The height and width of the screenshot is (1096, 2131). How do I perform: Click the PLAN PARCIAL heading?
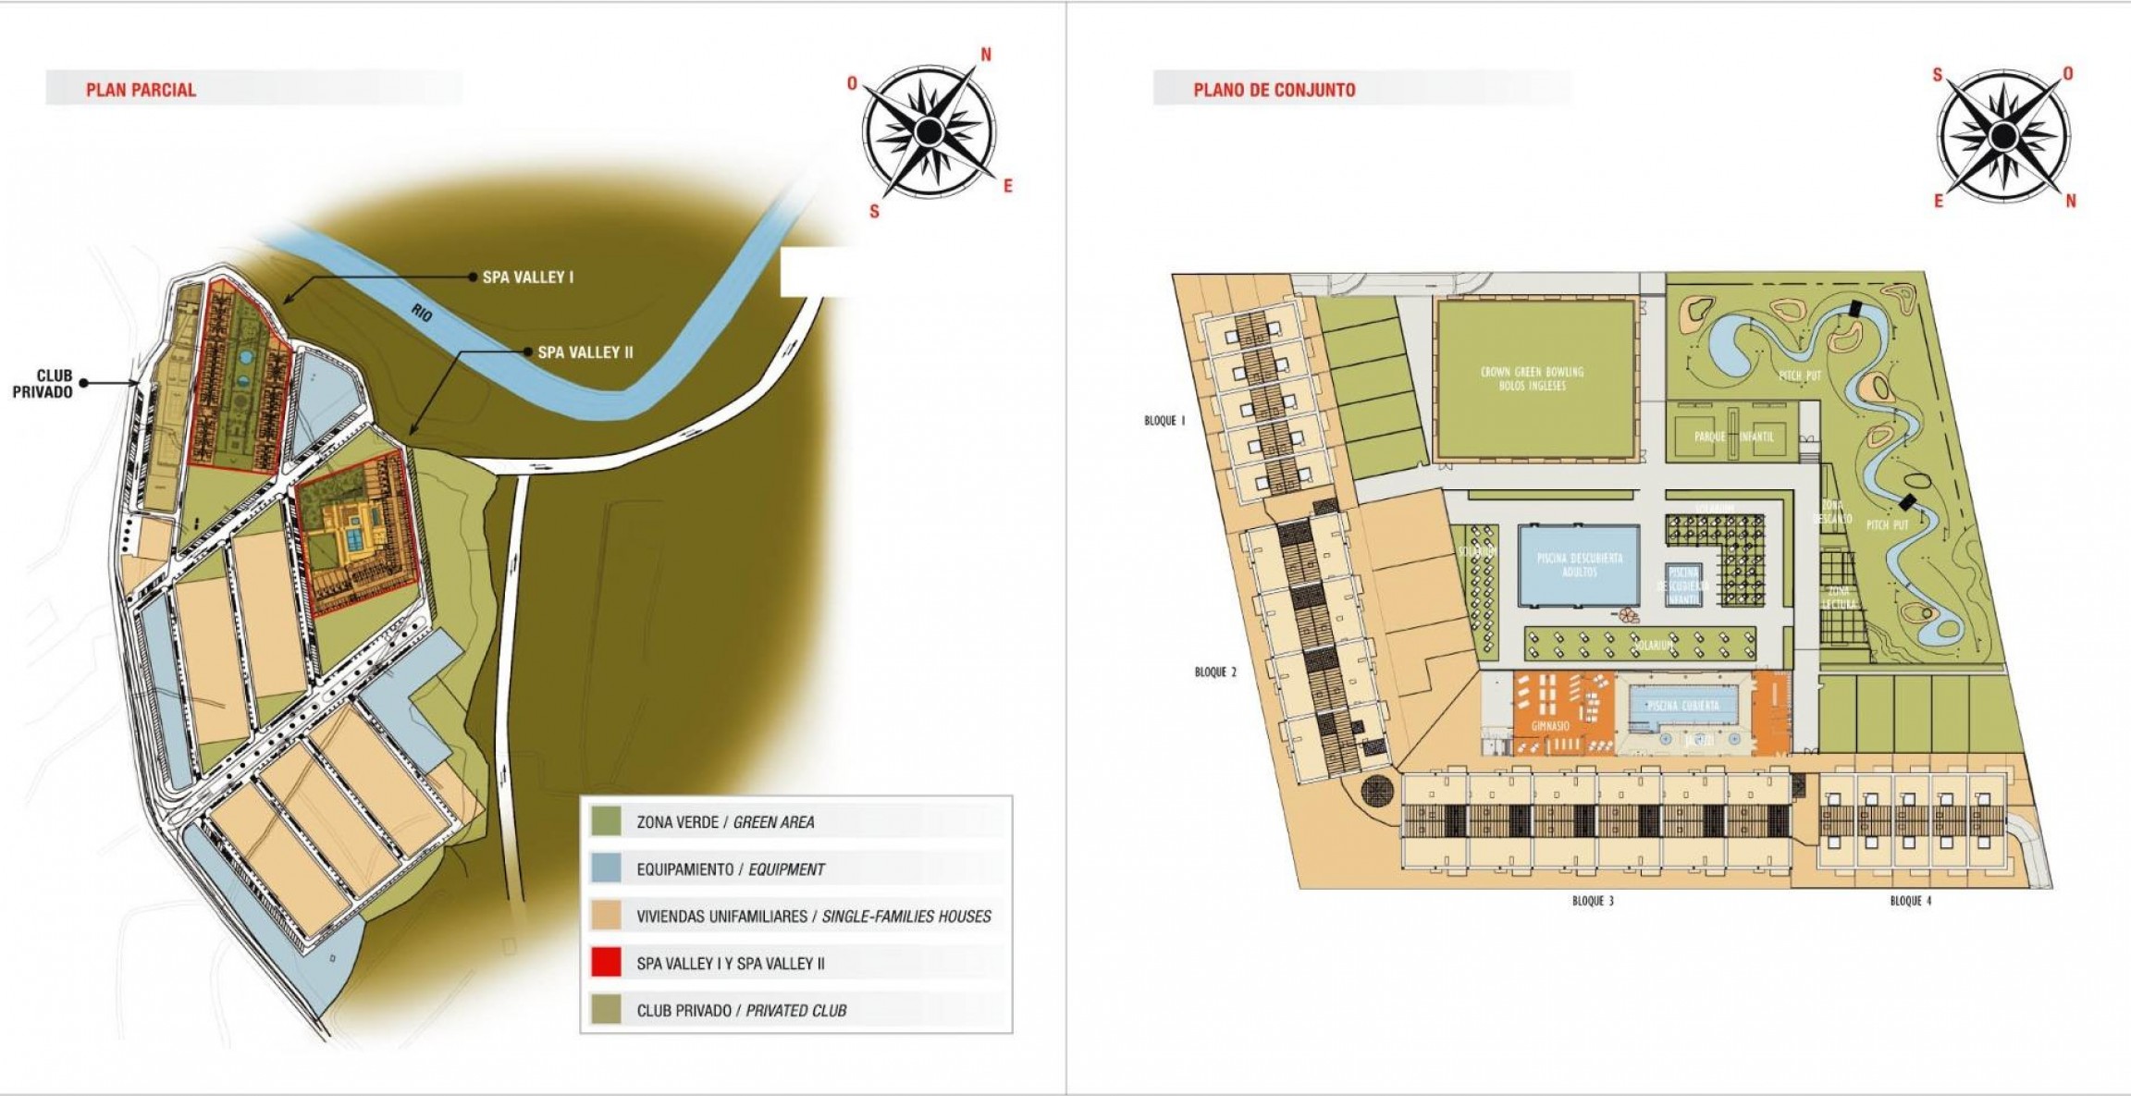[141, 90]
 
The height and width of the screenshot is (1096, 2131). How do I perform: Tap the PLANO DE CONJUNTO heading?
[1274, 90]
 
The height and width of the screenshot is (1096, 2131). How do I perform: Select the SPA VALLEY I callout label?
[527, 277]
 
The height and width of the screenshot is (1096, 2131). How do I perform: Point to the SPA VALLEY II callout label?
[585, 352]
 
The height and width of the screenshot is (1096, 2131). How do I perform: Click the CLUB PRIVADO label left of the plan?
[43, 384]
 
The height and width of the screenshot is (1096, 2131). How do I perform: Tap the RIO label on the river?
[422, 312]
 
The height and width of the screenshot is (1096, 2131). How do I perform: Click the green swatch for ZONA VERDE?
[606, 820]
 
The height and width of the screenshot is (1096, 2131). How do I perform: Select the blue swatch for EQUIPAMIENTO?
[606, 868]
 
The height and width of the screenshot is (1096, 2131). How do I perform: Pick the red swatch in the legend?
[606, 962]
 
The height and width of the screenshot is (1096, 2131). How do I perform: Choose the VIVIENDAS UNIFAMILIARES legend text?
[813, 917]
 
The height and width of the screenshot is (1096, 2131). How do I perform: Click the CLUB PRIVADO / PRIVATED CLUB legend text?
[741, 1011]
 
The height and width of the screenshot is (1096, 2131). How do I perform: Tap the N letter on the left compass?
[986, 55]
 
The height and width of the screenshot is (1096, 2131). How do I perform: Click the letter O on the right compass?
[2068, 74]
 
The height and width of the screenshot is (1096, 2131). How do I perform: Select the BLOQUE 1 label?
[1164, 421]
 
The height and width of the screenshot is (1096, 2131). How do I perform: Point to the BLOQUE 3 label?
[1593, 901]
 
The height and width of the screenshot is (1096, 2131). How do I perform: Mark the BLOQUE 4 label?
[1910, 901]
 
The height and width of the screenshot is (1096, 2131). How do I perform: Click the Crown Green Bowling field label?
[1533, 378]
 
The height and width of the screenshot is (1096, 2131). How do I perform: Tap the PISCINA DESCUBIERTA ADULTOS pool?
[1579, 565]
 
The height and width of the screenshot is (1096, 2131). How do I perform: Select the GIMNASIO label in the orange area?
[1550, 726]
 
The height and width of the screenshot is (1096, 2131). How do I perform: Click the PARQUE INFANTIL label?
[1733, 437]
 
